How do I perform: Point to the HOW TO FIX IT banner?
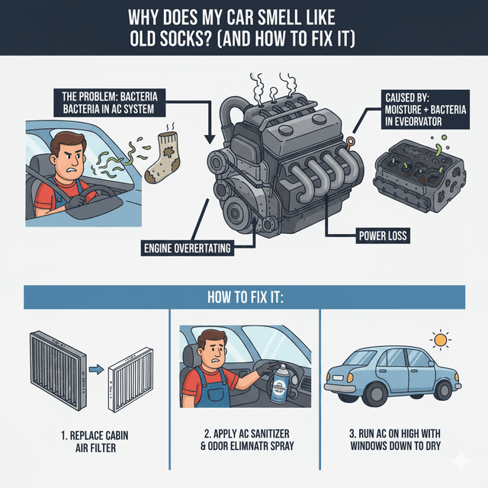coord(243,297)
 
